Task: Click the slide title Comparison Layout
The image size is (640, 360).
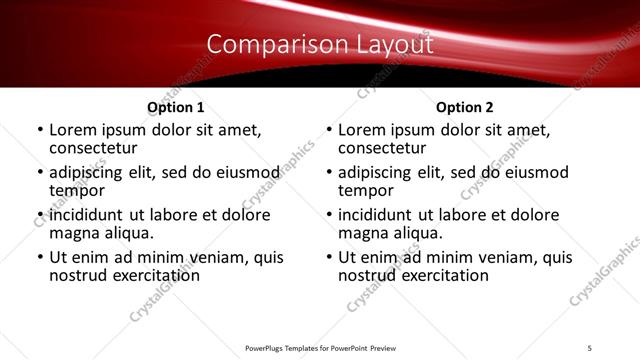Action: click(x=320, y=45)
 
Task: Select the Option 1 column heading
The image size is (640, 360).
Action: click(x=175, y=107)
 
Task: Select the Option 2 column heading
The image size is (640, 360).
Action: click(x=465, y=107)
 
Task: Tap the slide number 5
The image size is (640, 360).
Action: click(x=590, y=346)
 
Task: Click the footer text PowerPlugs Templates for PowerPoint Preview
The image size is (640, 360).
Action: click(x=320, y=346)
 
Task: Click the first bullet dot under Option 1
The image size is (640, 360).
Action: click(x=39, y=130)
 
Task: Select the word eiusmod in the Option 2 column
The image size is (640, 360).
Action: click(x=534, y=172)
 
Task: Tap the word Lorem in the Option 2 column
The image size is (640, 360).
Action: click(x=361, y=130)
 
